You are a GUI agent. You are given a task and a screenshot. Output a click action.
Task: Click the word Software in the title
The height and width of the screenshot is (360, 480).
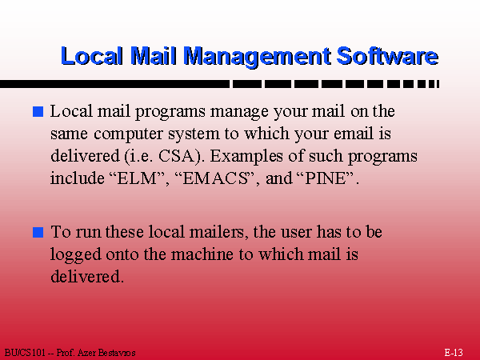(387, 56)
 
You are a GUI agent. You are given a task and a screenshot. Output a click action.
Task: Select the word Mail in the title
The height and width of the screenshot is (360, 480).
(154, 56)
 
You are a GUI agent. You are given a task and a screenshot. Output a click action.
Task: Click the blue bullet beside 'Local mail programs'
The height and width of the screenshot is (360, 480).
(38, 111)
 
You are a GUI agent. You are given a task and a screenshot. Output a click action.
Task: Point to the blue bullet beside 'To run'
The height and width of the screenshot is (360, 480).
(38, 232)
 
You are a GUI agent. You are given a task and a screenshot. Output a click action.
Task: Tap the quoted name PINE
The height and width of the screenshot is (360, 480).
(326, 178)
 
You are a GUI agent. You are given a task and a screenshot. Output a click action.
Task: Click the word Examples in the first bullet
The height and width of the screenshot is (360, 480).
(246, 157)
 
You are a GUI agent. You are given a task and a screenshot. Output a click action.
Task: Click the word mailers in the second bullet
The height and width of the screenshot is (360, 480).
(217, 232)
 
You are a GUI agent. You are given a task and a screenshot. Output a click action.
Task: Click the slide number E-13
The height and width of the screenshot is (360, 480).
(454, 352)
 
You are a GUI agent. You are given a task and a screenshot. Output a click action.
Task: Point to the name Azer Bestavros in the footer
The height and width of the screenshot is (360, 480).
(106, 353)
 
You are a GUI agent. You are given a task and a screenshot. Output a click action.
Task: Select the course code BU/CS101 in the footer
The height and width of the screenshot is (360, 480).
(25, 353)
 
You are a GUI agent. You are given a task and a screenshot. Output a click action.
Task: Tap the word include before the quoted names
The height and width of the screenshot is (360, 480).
(78, 178)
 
